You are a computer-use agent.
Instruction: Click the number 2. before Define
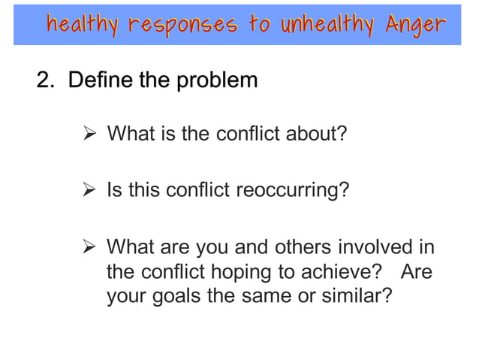(x=47, y=80)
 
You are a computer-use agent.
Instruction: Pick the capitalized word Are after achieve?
(x=417, y=271)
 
